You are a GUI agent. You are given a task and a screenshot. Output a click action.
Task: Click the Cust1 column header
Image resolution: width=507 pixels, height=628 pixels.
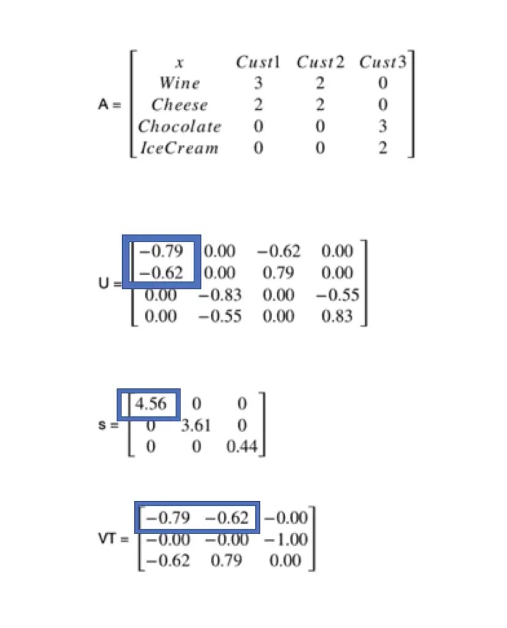257,62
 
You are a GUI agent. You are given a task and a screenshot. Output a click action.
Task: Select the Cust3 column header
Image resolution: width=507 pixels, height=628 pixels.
383,62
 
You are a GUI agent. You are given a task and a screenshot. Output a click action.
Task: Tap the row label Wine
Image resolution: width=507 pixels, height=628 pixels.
179,83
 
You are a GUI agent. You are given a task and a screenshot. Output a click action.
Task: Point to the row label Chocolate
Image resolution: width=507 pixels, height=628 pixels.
179,126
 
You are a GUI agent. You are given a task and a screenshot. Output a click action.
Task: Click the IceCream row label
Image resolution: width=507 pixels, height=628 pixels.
179,148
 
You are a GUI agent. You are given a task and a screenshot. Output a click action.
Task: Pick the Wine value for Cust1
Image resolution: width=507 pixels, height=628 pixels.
258,83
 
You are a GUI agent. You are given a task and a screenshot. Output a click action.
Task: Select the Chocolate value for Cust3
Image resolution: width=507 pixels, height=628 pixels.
383,126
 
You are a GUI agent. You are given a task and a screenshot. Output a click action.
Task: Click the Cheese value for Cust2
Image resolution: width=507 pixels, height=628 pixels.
319,105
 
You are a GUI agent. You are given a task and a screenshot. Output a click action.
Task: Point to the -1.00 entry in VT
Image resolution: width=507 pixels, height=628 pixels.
288,540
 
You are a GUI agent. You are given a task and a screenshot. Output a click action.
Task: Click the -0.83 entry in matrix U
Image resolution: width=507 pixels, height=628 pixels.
219,295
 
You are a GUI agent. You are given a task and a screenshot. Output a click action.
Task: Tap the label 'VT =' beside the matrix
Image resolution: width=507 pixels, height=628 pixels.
113,540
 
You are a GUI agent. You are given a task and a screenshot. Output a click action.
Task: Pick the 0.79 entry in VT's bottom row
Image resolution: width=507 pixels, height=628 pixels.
226,561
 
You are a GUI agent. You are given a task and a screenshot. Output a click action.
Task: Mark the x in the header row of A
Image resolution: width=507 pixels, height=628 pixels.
179,63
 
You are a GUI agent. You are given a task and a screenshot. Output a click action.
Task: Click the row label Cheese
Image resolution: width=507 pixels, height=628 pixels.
179,105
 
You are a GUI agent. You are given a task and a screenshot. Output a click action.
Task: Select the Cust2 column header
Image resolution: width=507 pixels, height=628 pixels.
320,62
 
